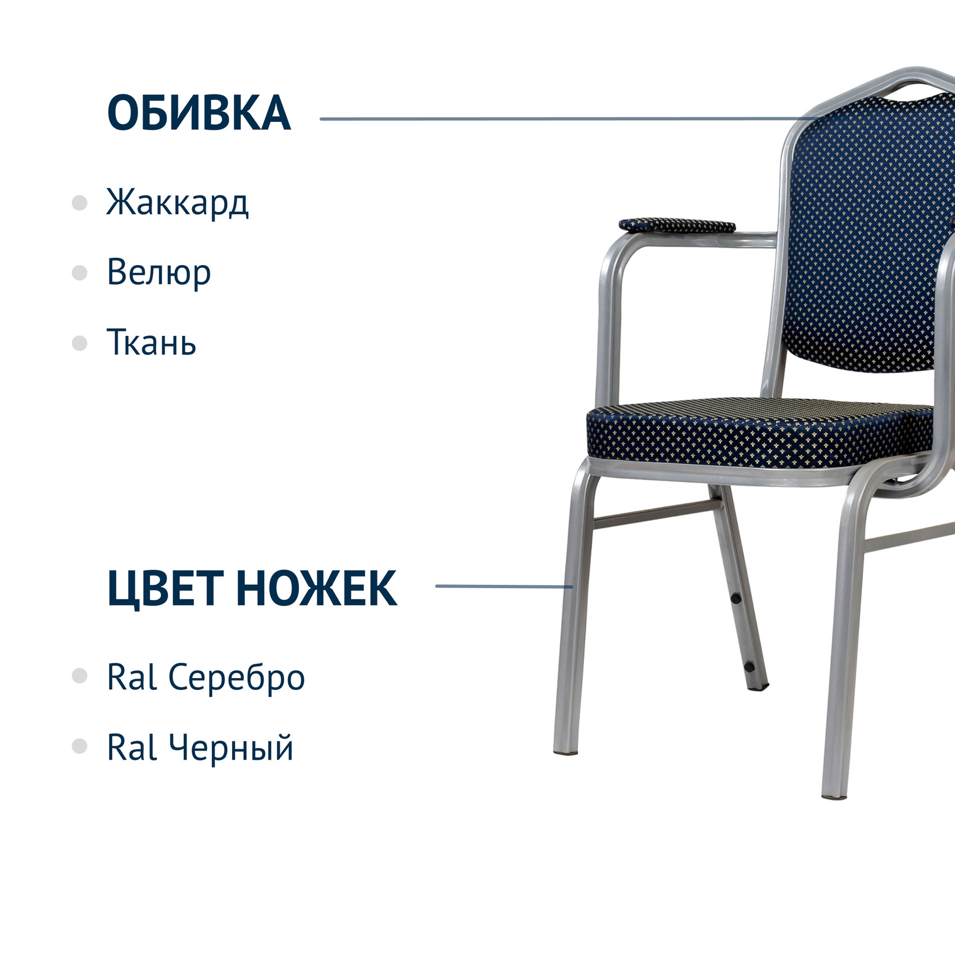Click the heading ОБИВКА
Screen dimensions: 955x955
199,113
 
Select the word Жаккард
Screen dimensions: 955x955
177,203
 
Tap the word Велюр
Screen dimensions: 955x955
158,272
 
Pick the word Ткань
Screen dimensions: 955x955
151,341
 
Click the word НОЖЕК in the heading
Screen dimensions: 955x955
316,588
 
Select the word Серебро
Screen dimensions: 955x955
237,677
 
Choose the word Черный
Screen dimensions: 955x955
231,748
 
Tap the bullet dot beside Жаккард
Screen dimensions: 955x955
80,203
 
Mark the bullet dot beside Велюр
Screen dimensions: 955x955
80,273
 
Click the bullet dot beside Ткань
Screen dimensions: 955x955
80,343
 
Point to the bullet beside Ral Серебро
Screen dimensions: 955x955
80,676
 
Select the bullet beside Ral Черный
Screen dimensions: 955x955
80,746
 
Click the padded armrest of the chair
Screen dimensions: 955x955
677,225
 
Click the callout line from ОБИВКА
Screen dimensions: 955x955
567,119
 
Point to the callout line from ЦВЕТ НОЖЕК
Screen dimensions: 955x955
504,586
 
